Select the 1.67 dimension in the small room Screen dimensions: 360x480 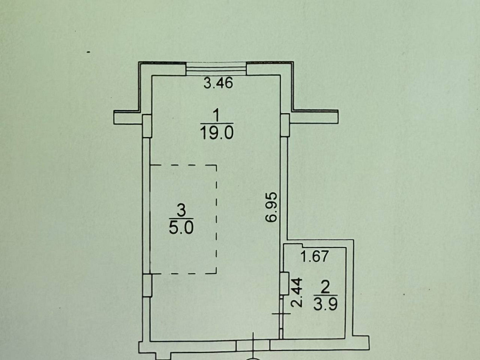pyautogui.click(x=314, y=257)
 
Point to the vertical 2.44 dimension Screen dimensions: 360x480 pyautogui.click(x=299, y=292)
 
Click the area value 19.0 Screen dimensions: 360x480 pyautogui.click(x=216, y=132)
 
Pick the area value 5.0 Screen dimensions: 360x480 pyautogui.click(x=181, y=227)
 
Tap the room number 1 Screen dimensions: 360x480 pyautogui.click(x=216, y=115)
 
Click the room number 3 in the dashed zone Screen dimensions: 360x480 pyautogui.click(x=181, y=210)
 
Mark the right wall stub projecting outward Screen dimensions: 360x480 pyautogui.click(x=314, y=117)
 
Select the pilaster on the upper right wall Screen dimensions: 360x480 pyautogui.click(x=284, y=125)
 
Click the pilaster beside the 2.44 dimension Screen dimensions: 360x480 pyautogui.click(x=284, y=283)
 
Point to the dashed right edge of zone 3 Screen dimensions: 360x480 pyautogui.click(x=216, y=218)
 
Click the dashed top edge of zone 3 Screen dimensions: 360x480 pyautogui.click(x=183, y=165)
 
